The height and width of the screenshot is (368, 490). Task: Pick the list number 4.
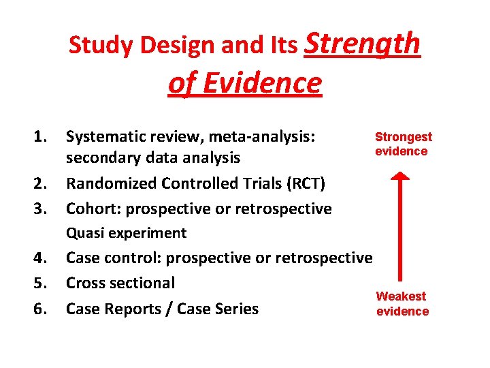pos(41,258)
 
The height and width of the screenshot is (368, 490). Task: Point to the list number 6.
pos(41,309)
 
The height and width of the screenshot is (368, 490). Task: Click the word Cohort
pos(89,208)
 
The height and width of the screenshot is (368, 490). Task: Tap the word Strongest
pos(404,137)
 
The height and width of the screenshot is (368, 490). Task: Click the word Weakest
pos(401,296)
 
